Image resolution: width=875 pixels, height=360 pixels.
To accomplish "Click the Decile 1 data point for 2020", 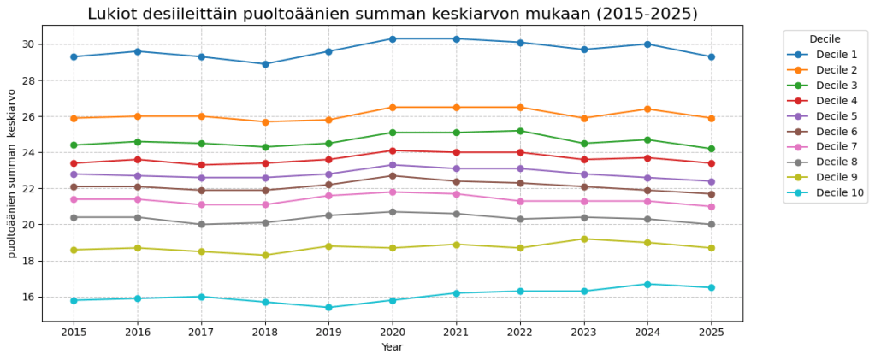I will [x=393, y=38].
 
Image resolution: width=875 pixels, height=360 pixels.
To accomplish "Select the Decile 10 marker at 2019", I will [x=328, y=308].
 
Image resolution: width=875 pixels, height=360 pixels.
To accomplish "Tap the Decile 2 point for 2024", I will [x=647, y=109].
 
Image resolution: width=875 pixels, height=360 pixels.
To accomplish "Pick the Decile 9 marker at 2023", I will [x=583, y=239].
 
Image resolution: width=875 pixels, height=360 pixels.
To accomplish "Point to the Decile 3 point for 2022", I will [x=520, y=131].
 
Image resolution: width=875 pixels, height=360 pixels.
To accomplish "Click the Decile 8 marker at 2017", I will [x=201, y=224].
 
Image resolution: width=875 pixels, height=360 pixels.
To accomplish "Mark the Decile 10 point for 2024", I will [x=647, y=284].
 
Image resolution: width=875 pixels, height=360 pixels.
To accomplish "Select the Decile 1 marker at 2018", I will [x=265, y=64].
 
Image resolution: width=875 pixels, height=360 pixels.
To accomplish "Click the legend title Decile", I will [x=825, y=38].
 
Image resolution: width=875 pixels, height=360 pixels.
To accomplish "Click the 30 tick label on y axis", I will [x=27, y=44].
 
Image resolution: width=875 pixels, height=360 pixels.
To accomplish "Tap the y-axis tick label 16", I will [x=27, y=297].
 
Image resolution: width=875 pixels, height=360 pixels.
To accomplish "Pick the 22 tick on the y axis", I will [x=27, y=189].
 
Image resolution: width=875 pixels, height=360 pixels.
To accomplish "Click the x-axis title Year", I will [x=392, y=347].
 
